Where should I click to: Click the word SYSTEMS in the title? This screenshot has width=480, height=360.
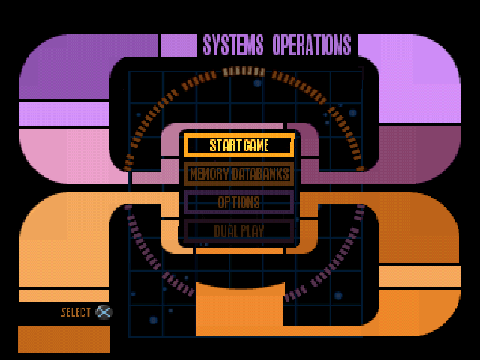tap(233, 45)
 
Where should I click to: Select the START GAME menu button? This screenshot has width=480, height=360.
tap(238, 145)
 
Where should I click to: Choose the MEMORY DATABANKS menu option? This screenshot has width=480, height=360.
tap(238, 175)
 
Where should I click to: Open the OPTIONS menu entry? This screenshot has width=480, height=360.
tap(238, 202)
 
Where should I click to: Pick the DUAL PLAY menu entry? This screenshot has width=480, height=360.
tap(238, 231)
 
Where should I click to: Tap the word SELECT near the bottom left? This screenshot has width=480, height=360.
tap(76, 312)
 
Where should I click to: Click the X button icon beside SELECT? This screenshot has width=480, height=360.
tap(104, 312)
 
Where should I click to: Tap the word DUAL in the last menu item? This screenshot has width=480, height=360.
tap(224, 231)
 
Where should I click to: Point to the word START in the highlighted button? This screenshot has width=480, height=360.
tap(225, 145)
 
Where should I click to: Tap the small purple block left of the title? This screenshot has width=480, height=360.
tap(178, 45)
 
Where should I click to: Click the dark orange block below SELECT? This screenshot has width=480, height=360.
tap(63, 338)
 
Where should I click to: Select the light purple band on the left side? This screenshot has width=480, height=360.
tap(64, 114)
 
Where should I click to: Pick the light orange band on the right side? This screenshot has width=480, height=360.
tap(420, 276)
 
